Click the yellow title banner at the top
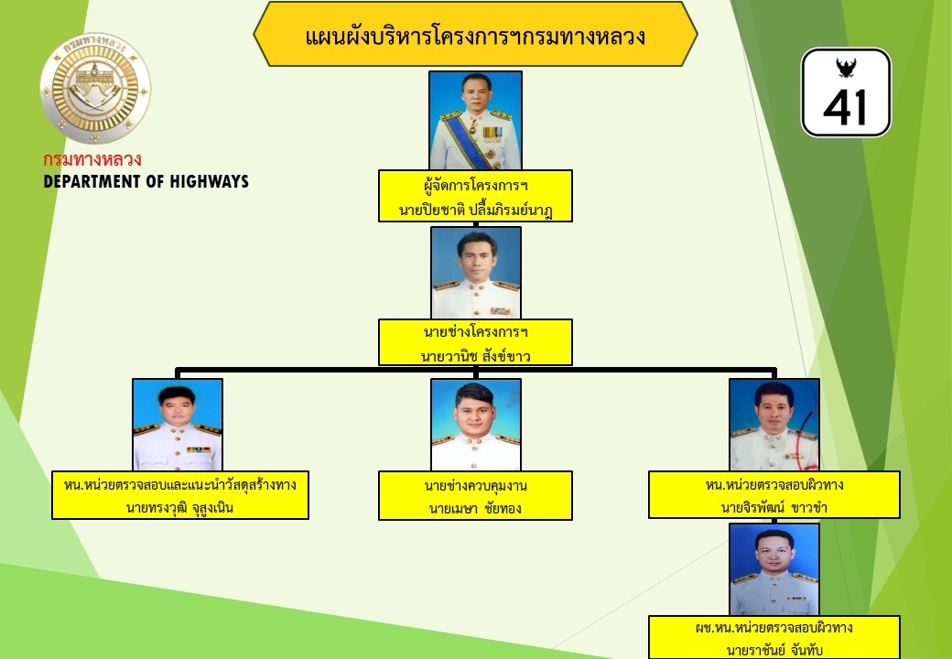(x=475, y=34)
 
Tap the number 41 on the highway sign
(x=846, y=107)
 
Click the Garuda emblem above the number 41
(x=845, y=68)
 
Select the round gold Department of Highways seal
(x=95, y=88)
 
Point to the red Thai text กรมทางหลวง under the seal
(x=92, y=159)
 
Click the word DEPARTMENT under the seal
(x=93, y=181)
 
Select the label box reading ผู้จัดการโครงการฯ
(x=475, y=196)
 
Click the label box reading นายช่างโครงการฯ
(x=475, y=342)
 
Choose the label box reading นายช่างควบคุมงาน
(x=475, y=496)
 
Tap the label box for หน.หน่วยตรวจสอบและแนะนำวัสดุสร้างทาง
(x=180, y=495)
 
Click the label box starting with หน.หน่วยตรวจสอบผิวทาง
(x=774, y=494)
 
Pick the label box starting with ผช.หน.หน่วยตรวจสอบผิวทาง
(x=774, y=638)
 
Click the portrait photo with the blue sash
(x=475, y=120)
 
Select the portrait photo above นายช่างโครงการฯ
(x=476, y=273)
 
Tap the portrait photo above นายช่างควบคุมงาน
(x=476, y=425)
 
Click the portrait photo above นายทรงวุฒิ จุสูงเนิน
(x=178, y=425)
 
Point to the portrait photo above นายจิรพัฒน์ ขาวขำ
(x=774, y=425)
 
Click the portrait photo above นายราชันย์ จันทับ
(x=774, y=569)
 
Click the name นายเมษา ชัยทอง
(x=475, y=508)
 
